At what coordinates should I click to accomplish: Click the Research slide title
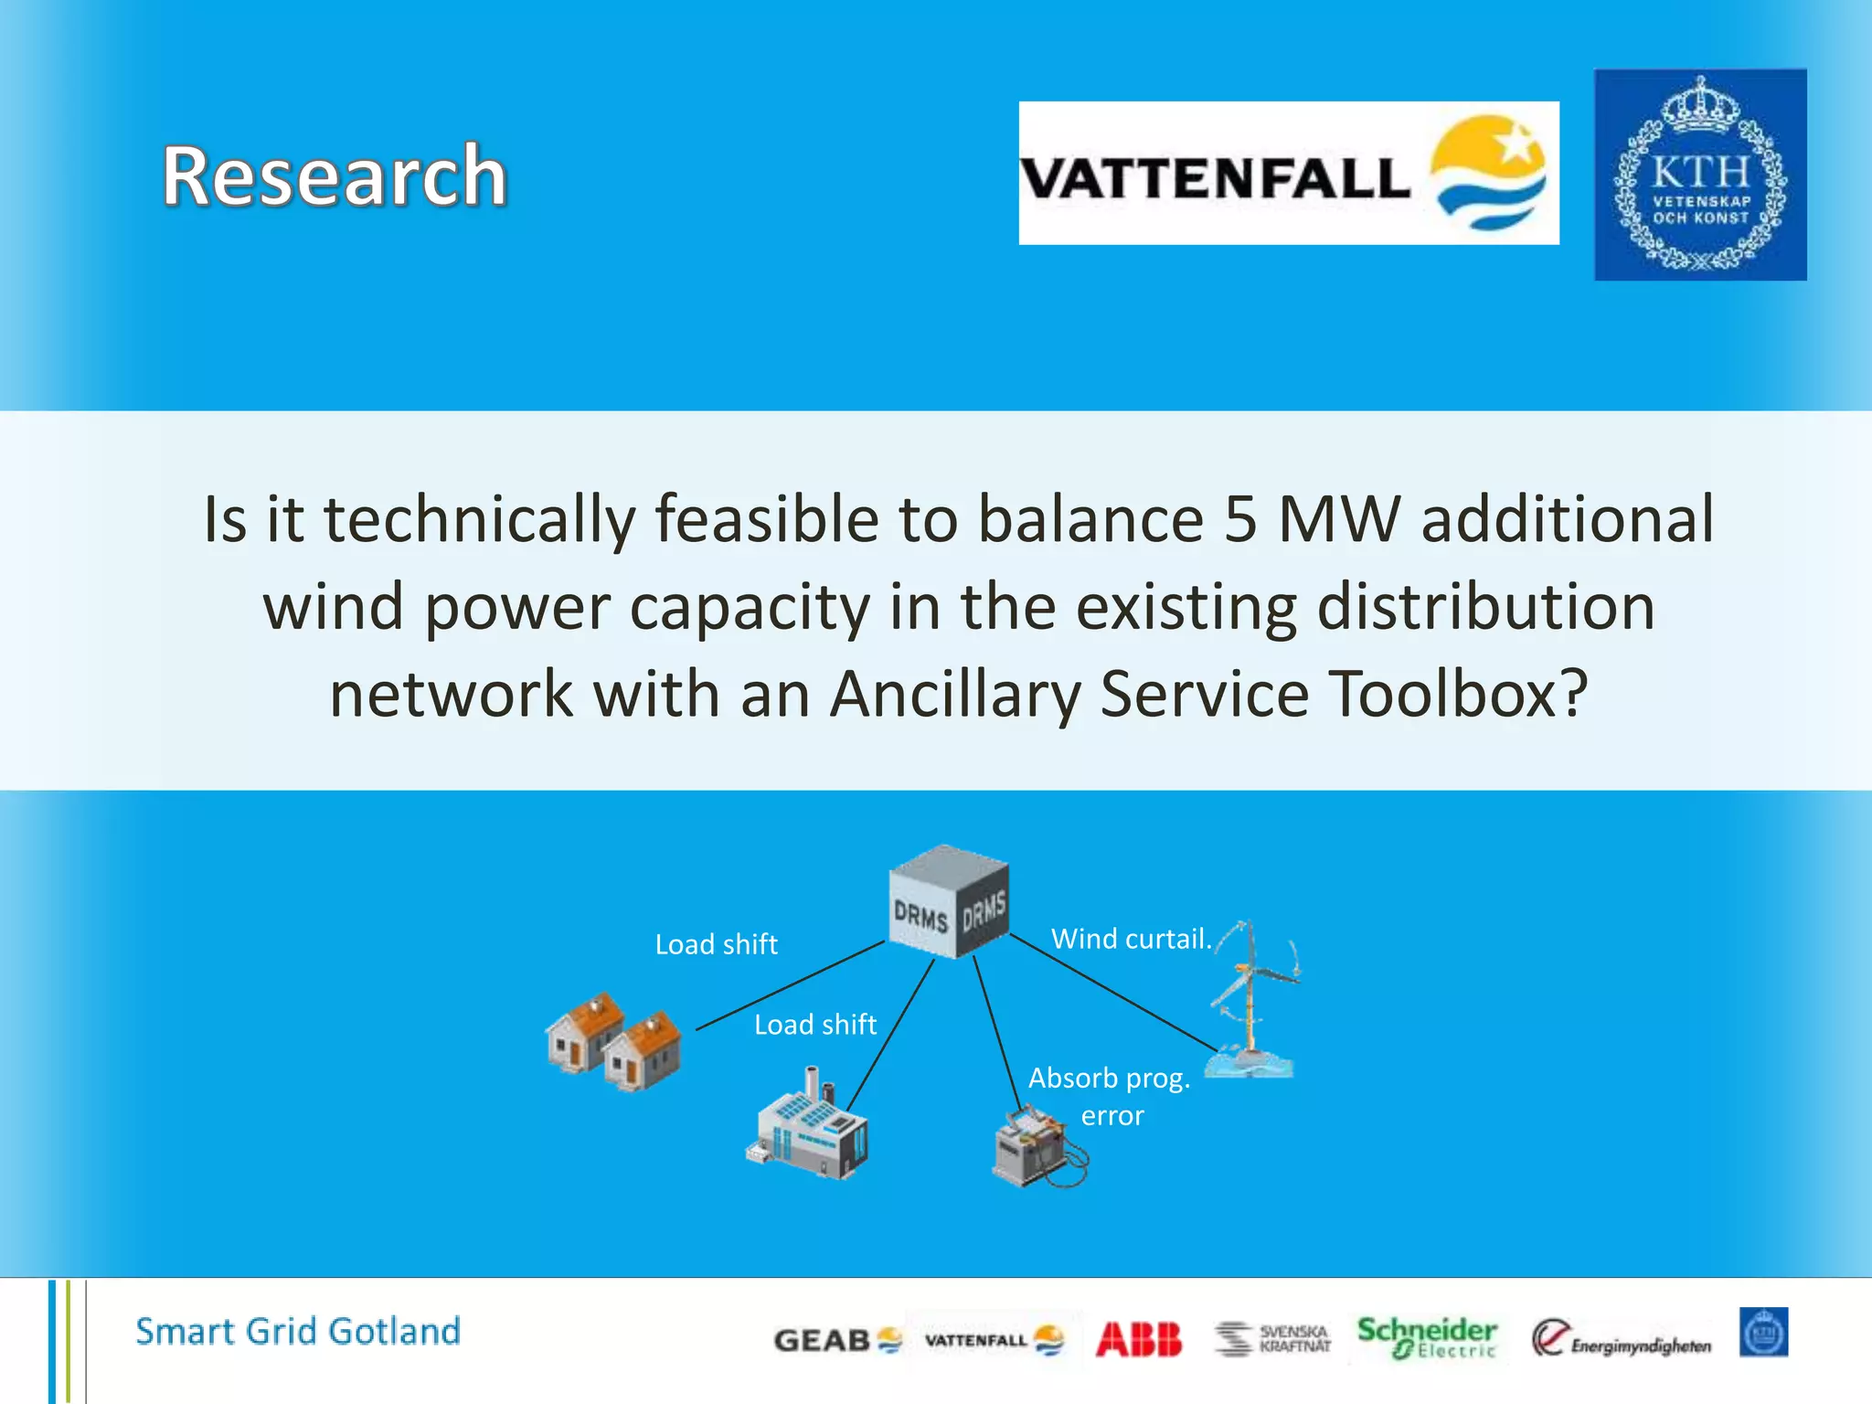click(x=335, y=176)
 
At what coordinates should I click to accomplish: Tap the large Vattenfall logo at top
click(x=1288, y=174)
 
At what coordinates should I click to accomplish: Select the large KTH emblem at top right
click(x=1699, y=175)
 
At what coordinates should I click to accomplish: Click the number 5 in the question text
click(x=1239, y=519)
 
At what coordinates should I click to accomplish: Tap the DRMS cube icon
click(x=950, y=903)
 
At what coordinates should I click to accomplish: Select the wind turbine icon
click(x=1251, y=1001)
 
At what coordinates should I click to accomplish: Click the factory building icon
click(x=808, y=1126)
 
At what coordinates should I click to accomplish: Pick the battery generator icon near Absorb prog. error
click(x=1038, y=1148)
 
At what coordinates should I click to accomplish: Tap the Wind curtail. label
click(x=1131, y=939)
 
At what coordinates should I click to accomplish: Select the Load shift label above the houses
click(x=716, y=944)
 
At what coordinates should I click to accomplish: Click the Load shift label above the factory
click(x=814, y=1025)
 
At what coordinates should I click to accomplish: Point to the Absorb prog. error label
click(x=1110, y=1096)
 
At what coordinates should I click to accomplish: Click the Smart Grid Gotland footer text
click(x=298, y=1332)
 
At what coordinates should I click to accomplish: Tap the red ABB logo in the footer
click(x=1138, y=1340)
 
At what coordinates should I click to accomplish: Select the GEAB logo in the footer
click(x=836, y=1341)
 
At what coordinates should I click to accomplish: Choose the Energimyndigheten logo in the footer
click(x=1621, y=1340)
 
